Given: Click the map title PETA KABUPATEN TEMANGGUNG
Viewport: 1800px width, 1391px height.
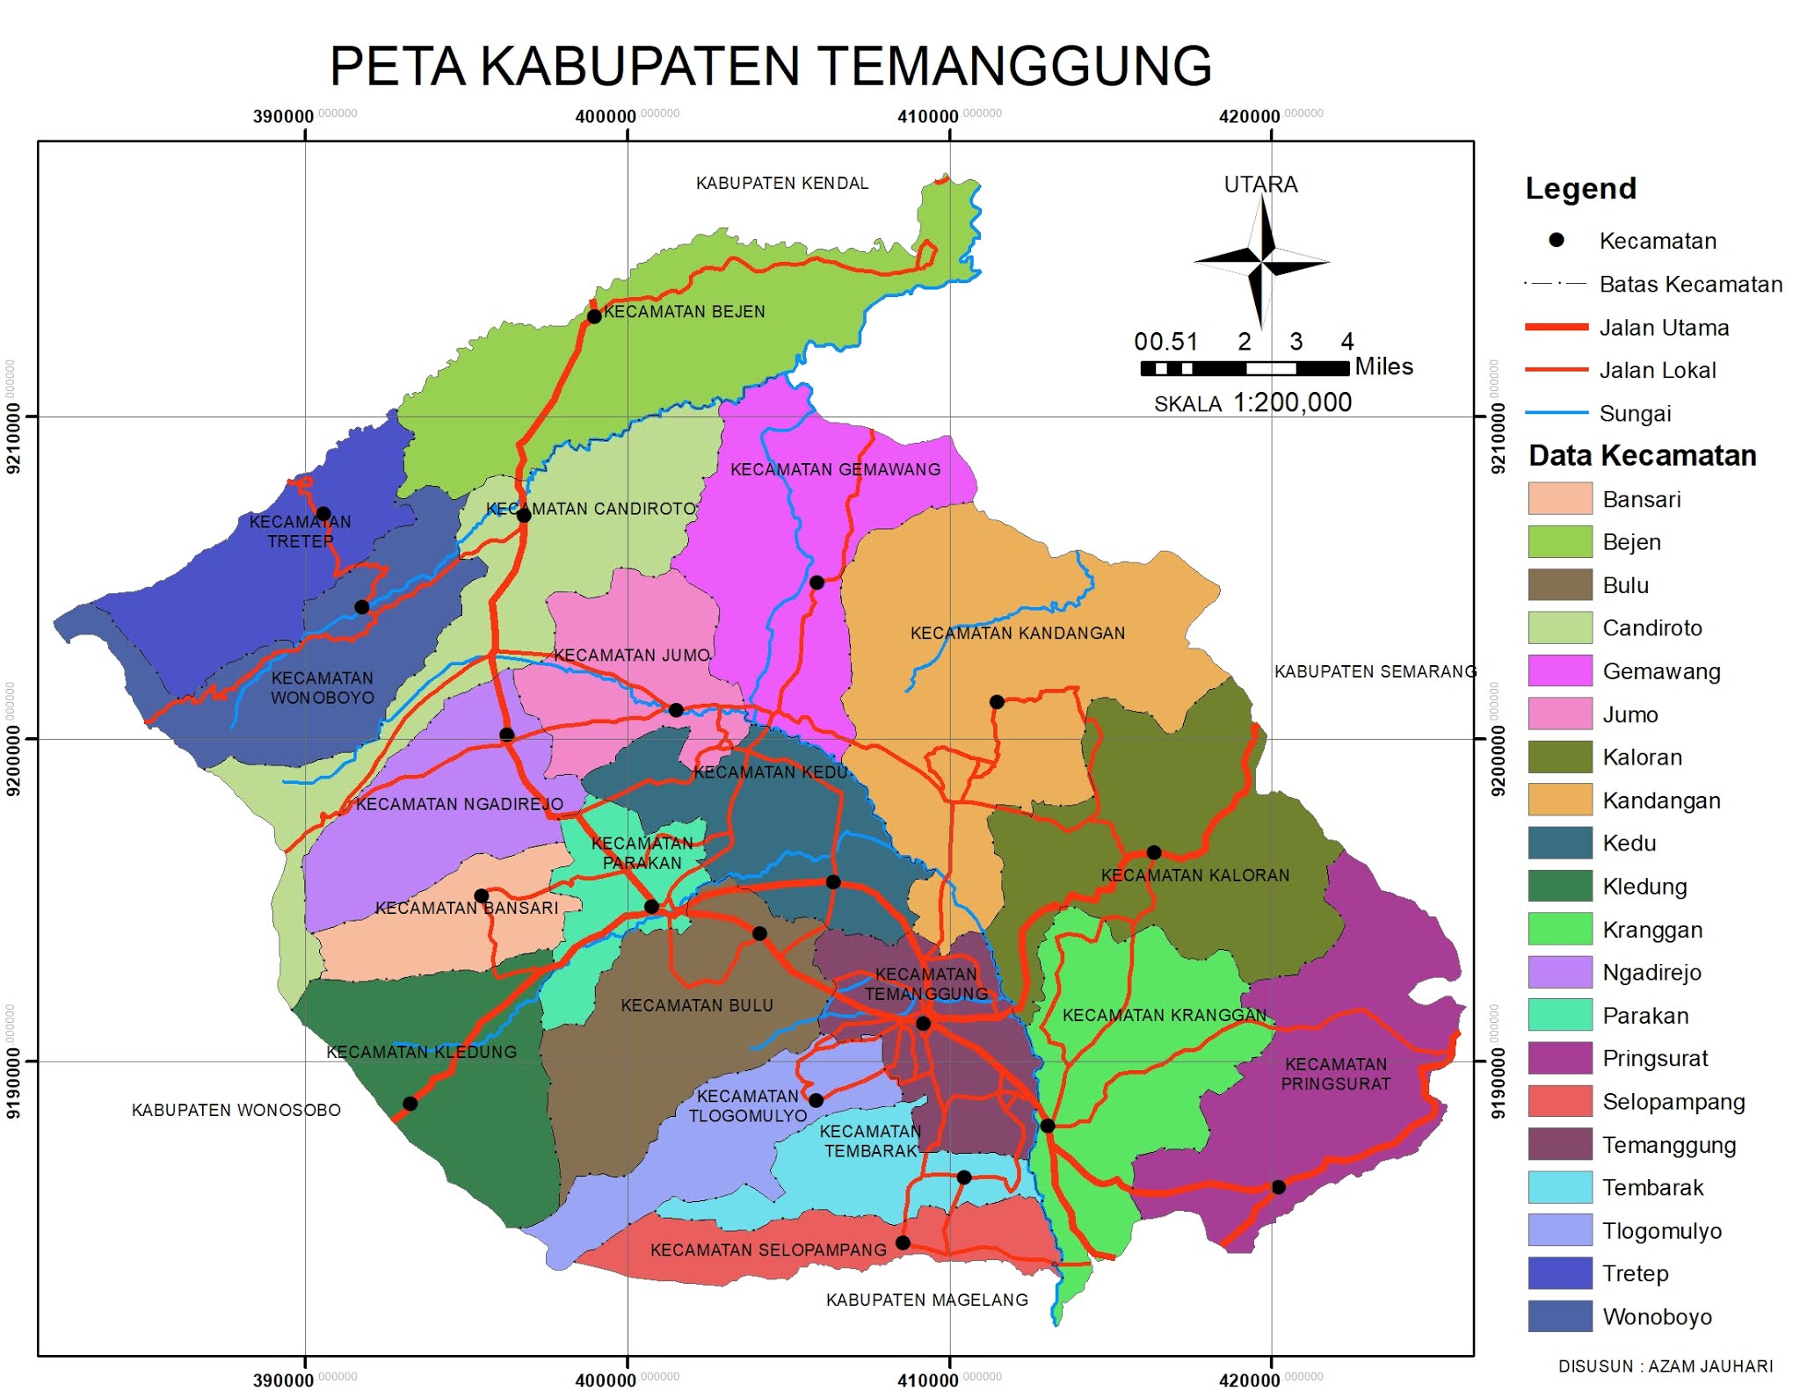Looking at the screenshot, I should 770,66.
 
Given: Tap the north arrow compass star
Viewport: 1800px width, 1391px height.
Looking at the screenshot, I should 1261,261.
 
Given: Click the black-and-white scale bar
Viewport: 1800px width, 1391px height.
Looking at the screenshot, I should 1244,368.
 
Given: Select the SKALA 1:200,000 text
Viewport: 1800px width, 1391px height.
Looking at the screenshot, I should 1252,403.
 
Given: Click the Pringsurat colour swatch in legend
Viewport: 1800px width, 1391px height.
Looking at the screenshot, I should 1559,1058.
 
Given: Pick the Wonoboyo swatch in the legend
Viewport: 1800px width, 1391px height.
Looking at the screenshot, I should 1559,1316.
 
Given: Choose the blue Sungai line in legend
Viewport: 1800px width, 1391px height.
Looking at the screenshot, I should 1556,412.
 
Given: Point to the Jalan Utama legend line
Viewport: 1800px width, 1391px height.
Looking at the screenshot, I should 1556,327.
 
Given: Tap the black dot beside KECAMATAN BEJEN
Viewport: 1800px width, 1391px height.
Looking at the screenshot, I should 594,316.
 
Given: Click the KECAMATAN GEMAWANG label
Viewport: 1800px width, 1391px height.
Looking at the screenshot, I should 835,469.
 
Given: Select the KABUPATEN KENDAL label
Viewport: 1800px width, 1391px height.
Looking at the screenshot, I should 781,183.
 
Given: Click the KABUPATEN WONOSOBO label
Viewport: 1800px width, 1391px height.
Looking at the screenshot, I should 236,1110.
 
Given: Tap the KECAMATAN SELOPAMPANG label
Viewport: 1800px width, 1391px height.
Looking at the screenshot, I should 768,1250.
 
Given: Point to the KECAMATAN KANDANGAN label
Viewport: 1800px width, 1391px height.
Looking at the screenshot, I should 1017,633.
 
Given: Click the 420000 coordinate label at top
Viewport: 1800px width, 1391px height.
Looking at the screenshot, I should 1250,117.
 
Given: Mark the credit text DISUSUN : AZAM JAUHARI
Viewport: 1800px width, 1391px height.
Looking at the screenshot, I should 1665,1366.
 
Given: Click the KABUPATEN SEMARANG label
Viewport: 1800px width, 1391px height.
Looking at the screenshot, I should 1375,671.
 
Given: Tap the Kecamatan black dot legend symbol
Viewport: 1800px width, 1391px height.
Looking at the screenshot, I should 1556,240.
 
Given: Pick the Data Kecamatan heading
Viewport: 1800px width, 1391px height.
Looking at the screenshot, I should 1642,455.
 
